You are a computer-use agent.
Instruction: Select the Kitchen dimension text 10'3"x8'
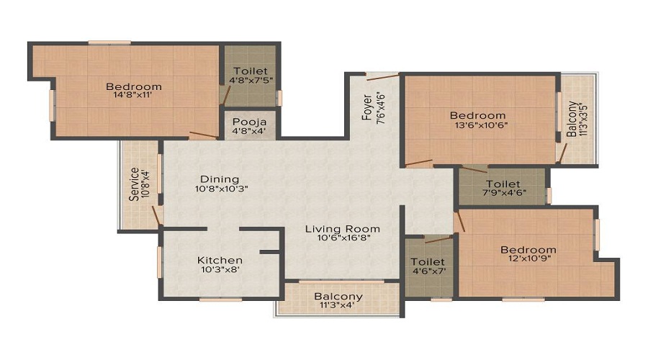(x=220, y=271)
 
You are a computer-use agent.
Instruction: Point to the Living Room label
(x=342, y=229)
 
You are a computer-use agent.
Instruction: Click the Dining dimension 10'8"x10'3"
(x=220, y=189)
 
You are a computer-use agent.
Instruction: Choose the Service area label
(x=134, y=185)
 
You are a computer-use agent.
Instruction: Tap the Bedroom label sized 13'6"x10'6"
(x=477, y=115)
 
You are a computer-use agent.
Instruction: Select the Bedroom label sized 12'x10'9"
(x=528, y=250)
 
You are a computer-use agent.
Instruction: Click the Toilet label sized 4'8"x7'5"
(x=249, y=71)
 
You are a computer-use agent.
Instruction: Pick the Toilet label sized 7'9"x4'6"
(x=503, y=184)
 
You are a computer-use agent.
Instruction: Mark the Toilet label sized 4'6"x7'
(x=428, y=261)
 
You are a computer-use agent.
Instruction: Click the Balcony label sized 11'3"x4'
(x=338, y=297)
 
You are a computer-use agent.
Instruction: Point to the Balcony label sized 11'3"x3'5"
(x=571, y=120)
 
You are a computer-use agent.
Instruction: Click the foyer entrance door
(x=382, y=76)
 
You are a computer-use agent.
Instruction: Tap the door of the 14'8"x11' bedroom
(x=204, y=135)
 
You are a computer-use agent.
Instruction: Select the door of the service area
(x=156, y=215)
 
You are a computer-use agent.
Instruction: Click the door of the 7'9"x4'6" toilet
(x=473, y=170)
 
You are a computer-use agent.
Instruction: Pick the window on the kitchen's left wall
(x=159, y=262)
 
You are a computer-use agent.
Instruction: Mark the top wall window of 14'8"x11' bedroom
(x=109, y=42)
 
